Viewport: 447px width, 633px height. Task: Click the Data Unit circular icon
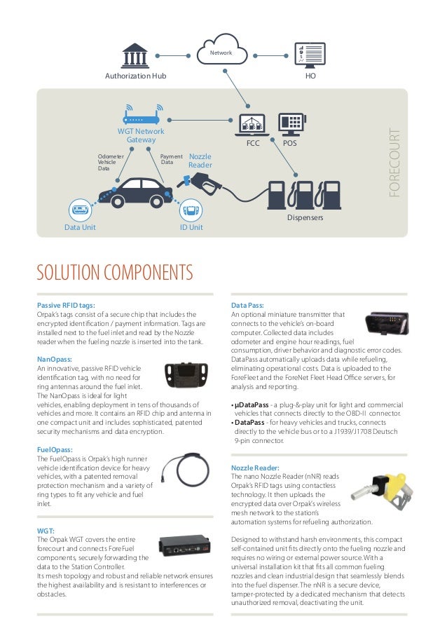click(80, 210)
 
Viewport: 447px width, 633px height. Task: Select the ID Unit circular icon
click(191, 210)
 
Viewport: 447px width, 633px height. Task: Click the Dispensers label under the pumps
click(305, 218)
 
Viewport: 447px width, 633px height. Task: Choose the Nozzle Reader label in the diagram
click(200, 161)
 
